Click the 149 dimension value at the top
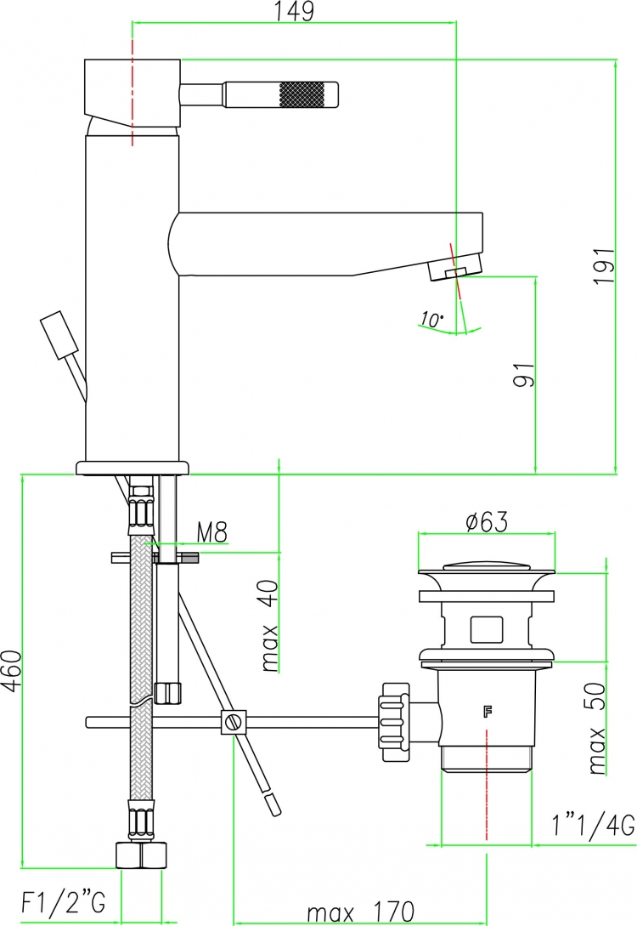(x=296, y=11)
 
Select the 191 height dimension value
(x=605, y=266)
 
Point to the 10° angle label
(x=431, y=320)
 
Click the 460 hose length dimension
(x=12, y=670)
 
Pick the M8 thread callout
(x=211, y=532)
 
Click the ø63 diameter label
(x=487, y=521)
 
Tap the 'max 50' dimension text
(x=597, y=728)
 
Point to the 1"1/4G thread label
(x=594, y=825)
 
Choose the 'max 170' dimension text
(x=361, y=912)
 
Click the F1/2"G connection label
(x=64, y=902)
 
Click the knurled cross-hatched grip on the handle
(x=300, y=94)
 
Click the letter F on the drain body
(x=488, y=713)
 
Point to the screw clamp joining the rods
(x=234, y=722)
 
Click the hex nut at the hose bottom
(x=141, y=855)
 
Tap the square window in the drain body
(x=487, y=629)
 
